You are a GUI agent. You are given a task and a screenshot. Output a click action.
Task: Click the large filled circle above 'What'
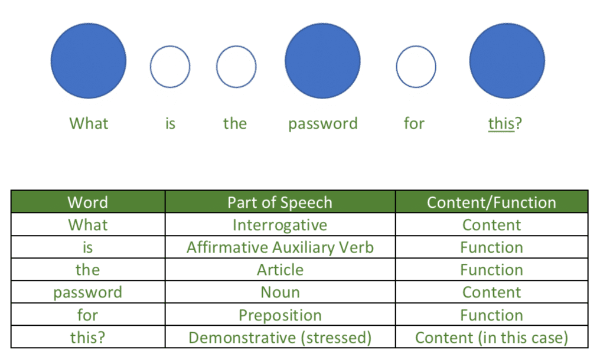coord(89,61)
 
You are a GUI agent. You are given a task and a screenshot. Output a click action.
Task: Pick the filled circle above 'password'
coord(322,61)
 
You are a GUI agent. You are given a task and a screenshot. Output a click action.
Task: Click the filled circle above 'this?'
coord(507,61)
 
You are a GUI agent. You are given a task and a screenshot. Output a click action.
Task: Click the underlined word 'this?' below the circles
coord(505,123)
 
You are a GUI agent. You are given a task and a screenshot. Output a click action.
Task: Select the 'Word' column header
coord(87,202)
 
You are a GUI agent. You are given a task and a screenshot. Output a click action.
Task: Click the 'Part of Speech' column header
coord(280,202)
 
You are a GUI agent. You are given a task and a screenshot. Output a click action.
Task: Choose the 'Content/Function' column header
coord(491,202)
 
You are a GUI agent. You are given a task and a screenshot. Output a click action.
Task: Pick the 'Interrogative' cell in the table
coord(280,225)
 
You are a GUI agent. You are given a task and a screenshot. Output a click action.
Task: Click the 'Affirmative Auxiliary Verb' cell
coord(280,247)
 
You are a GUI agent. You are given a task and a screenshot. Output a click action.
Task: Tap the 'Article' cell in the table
coord(280,270)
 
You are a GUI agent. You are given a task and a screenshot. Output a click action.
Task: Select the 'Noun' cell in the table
coord(280,292)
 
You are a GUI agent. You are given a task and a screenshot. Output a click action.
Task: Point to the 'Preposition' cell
coord(280,315)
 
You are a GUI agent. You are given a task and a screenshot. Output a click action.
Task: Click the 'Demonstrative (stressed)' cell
coord(280,338)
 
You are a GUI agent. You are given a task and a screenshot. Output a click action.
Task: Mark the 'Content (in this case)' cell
coord(491,338)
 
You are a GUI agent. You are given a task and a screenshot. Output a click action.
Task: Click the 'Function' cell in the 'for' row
coord(491,315)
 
